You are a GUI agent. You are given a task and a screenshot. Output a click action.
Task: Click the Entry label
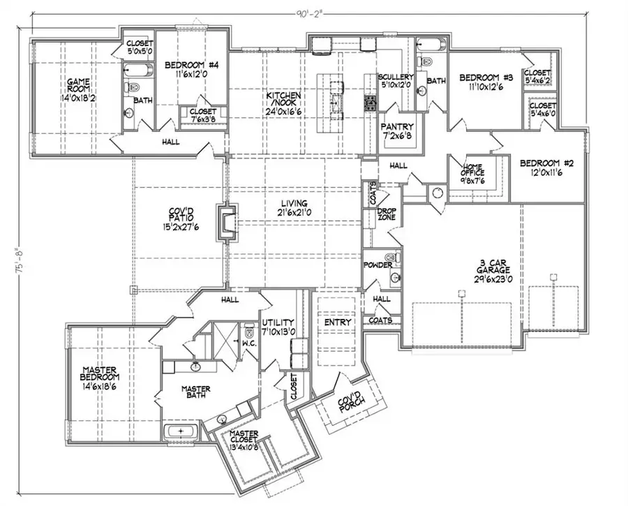(336, 323)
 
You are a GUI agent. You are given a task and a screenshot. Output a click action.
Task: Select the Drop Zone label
(387, 214)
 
